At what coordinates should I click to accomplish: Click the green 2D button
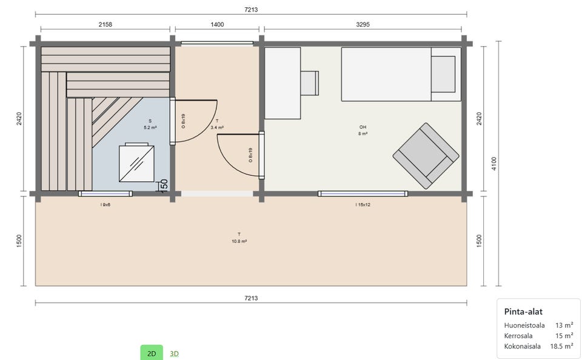coord(152,353)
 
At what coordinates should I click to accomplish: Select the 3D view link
coord(174,354)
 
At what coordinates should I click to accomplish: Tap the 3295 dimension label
coord(363,24)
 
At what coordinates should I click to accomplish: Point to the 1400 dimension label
coord(217,24)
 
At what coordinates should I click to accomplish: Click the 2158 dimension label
coord(105,24)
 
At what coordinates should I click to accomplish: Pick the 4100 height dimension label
coord(493,164)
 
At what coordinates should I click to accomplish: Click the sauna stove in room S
coord(136,163)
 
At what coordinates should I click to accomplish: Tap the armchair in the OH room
coord(426,156)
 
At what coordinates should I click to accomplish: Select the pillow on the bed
coord(443,74)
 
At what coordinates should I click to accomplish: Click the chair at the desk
coord(310,83)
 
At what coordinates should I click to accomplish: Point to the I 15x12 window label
coord(363,204)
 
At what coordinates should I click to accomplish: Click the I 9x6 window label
coord(105,204)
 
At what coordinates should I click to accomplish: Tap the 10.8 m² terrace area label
coord(239,241)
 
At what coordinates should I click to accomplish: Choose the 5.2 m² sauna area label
coord(150,128)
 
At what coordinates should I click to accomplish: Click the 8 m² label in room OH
coord(363,133)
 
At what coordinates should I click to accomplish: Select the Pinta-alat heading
coord(523,312)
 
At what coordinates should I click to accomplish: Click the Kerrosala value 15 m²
coord(564,336)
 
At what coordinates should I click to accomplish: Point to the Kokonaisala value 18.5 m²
coord(561,346)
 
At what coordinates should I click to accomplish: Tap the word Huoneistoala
coord(524,325)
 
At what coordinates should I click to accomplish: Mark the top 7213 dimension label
coord(251,10)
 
